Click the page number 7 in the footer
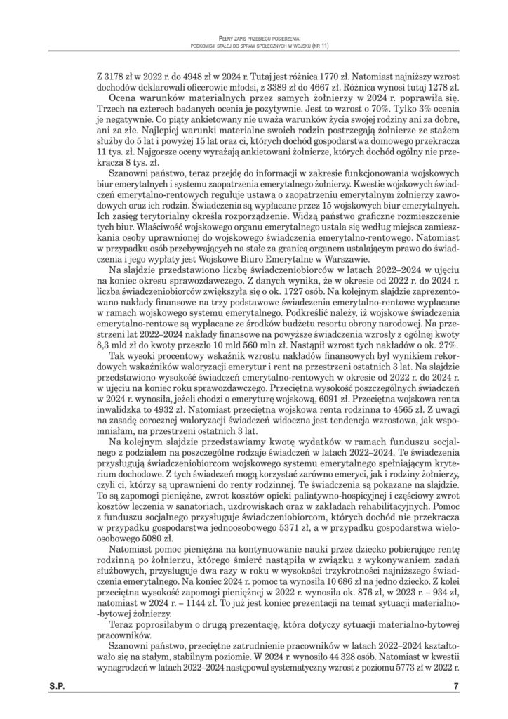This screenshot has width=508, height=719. click(455, 686)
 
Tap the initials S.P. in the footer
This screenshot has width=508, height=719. click(58, 686)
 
